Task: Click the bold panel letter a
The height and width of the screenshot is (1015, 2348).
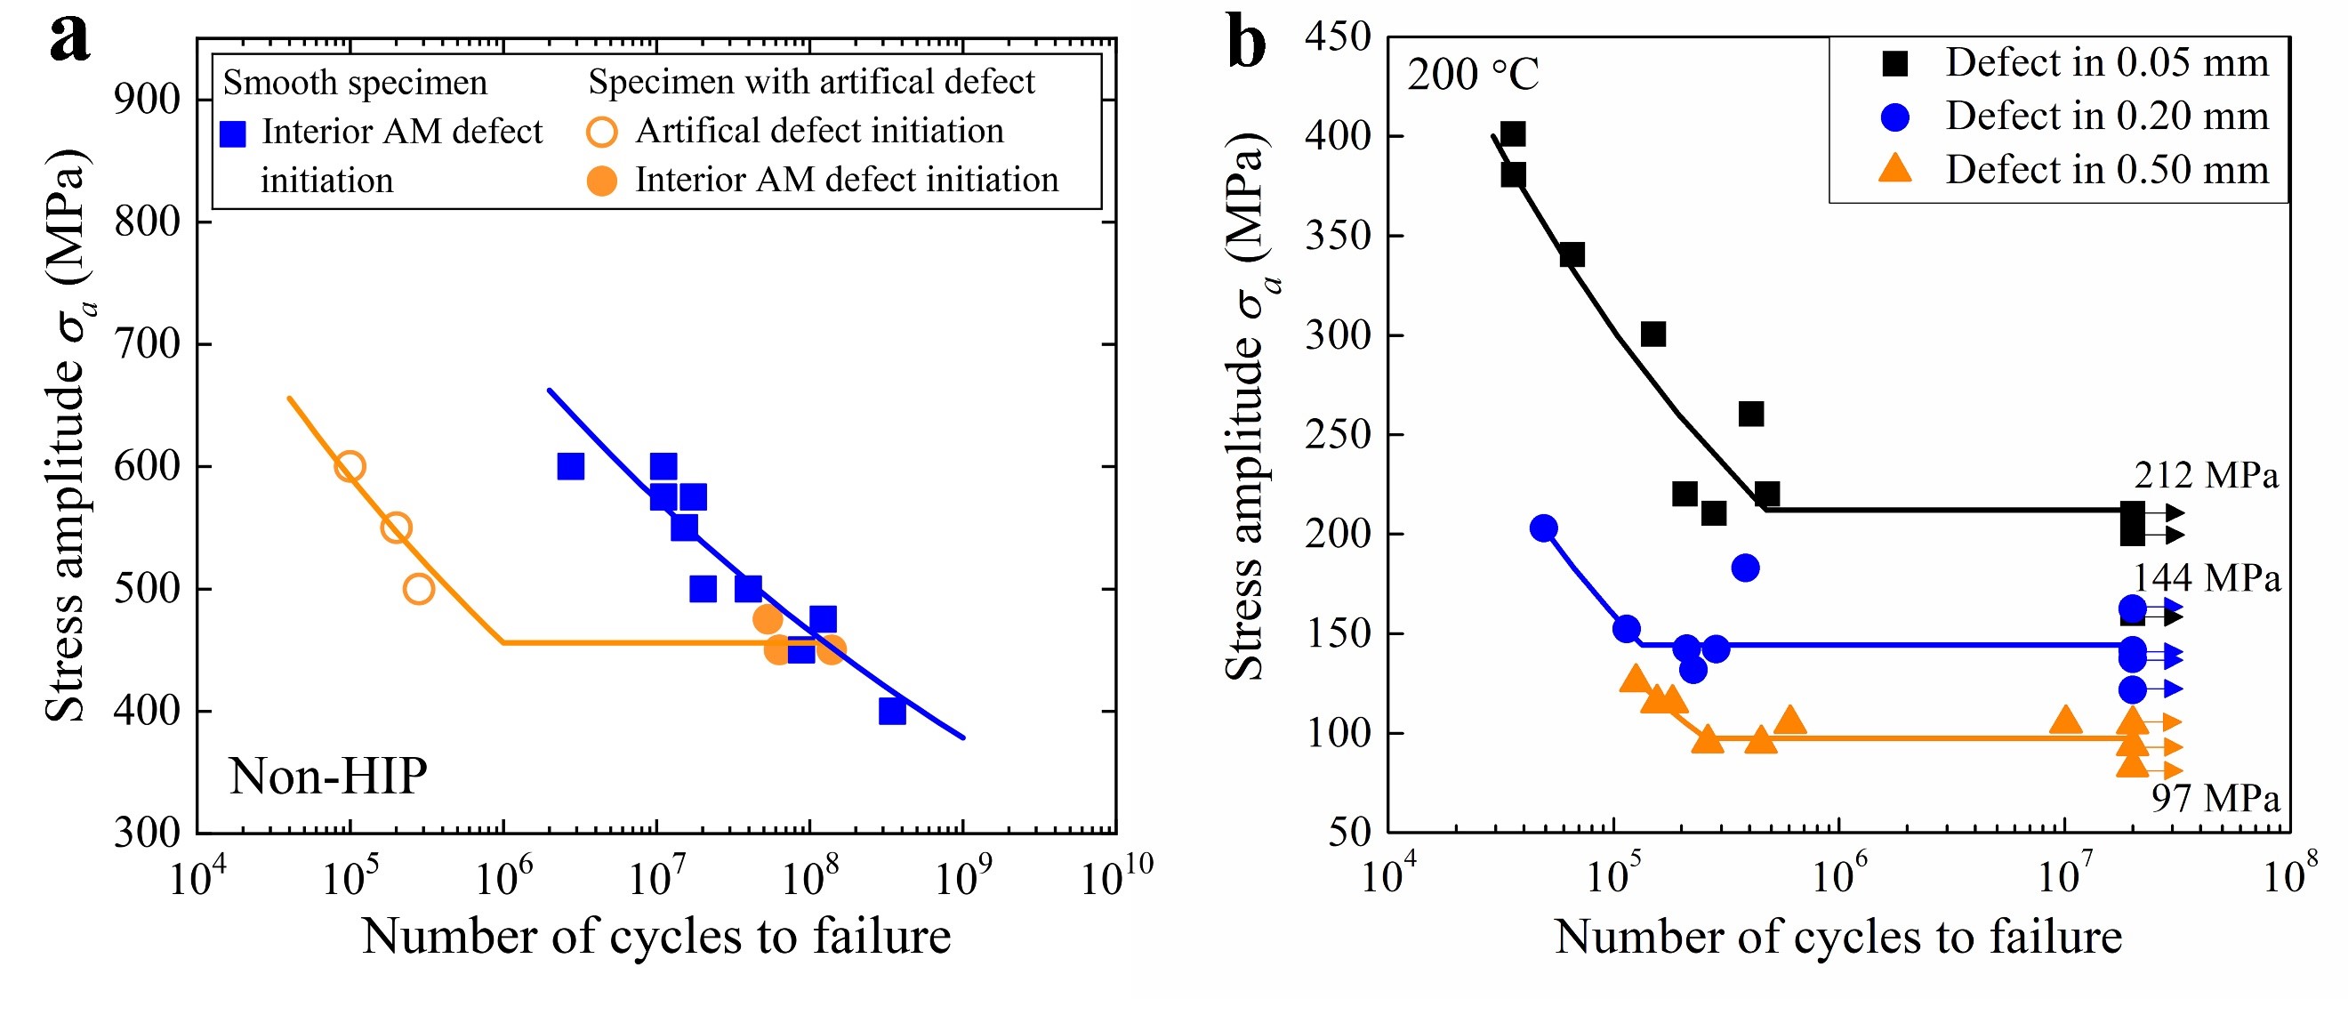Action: pos(70,38)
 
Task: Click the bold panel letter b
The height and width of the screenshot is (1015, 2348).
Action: pos(1247,41)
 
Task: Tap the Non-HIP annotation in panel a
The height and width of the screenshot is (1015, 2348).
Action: pos(327,776)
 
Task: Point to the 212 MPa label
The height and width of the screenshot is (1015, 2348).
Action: pos(2206,475)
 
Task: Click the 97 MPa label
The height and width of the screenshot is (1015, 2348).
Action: pos(2215,798)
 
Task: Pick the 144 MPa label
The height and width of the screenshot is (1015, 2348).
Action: pos(2207,578)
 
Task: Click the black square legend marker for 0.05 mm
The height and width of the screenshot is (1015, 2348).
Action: pos(1895,63)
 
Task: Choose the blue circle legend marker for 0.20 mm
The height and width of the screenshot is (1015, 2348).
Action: pos(1895,117)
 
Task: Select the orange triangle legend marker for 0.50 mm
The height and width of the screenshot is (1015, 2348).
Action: pos(1895,170)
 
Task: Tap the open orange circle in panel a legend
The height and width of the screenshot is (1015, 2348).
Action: pos(601,133)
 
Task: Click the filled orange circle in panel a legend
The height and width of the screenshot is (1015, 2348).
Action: pos(601,181)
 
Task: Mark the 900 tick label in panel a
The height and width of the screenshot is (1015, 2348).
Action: pos(148,100)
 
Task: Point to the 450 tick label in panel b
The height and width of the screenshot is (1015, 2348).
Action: pos(1338,37)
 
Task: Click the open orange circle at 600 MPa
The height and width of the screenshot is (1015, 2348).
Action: pos(350,467)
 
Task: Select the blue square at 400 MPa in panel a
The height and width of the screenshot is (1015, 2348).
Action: pos(892,712)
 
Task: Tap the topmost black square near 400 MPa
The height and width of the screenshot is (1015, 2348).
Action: pos(1512,135)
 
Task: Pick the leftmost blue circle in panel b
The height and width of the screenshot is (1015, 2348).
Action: pos(1543,528)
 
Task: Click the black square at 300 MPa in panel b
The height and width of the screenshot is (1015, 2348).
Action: pos(1653,334)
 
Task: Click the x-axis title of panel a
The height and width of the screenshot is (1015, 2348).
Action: pos(656,937)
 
